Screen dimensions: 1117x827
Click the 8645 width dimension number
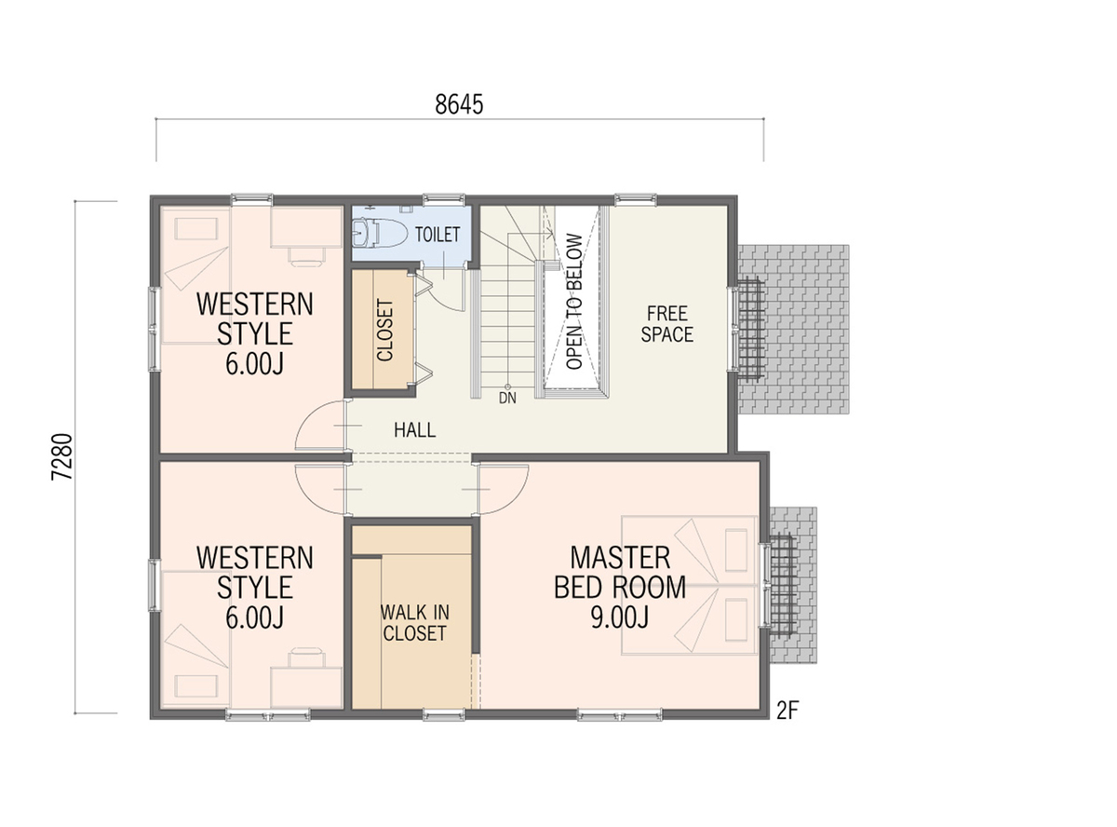[x=459, y=104]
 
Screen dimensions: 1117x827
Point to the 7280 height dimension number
[x=63, y=456]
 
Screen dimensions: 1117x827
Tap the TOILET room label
[x=437, y=235]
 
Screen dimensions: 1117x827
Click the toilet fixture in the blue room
[x=379, y=233]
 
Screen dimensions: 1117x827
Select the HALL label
[x=414, y=430]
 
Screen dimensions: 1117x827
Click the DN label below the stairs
[x=507, y=398]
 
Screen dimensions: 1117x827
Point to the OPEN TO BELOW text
[x=574, y=302]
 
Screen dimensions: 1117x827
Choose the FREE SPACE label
[x=666, y=324]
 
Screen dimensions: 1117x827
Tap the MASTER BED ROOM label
[x=620, y=573]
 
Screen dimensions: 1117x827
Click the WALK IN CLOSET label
[x=414, y=623]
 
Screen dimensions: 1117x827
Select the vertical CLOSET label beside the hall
[x=384, y=330]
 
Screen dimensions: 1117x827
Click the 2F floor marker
[x=787, y=712]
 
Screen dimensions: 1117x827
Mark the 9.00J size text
[x=619, y=617]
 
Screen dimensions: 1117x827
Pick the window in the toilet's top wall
[x=444, y=199]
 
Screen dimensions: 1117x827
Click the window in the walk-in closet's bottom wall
[x=444, y=714]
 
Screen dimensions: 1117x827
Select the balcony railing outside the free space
[x=750, y=330]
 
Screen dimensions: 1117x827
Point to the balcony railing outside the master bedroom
[x=782, y=585]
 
